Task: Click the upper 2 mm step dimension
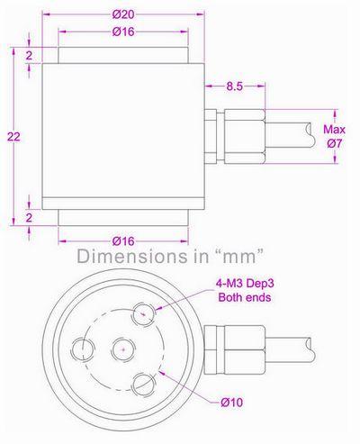pos(30,55)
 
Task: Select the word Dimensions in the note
pos(120,255)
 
